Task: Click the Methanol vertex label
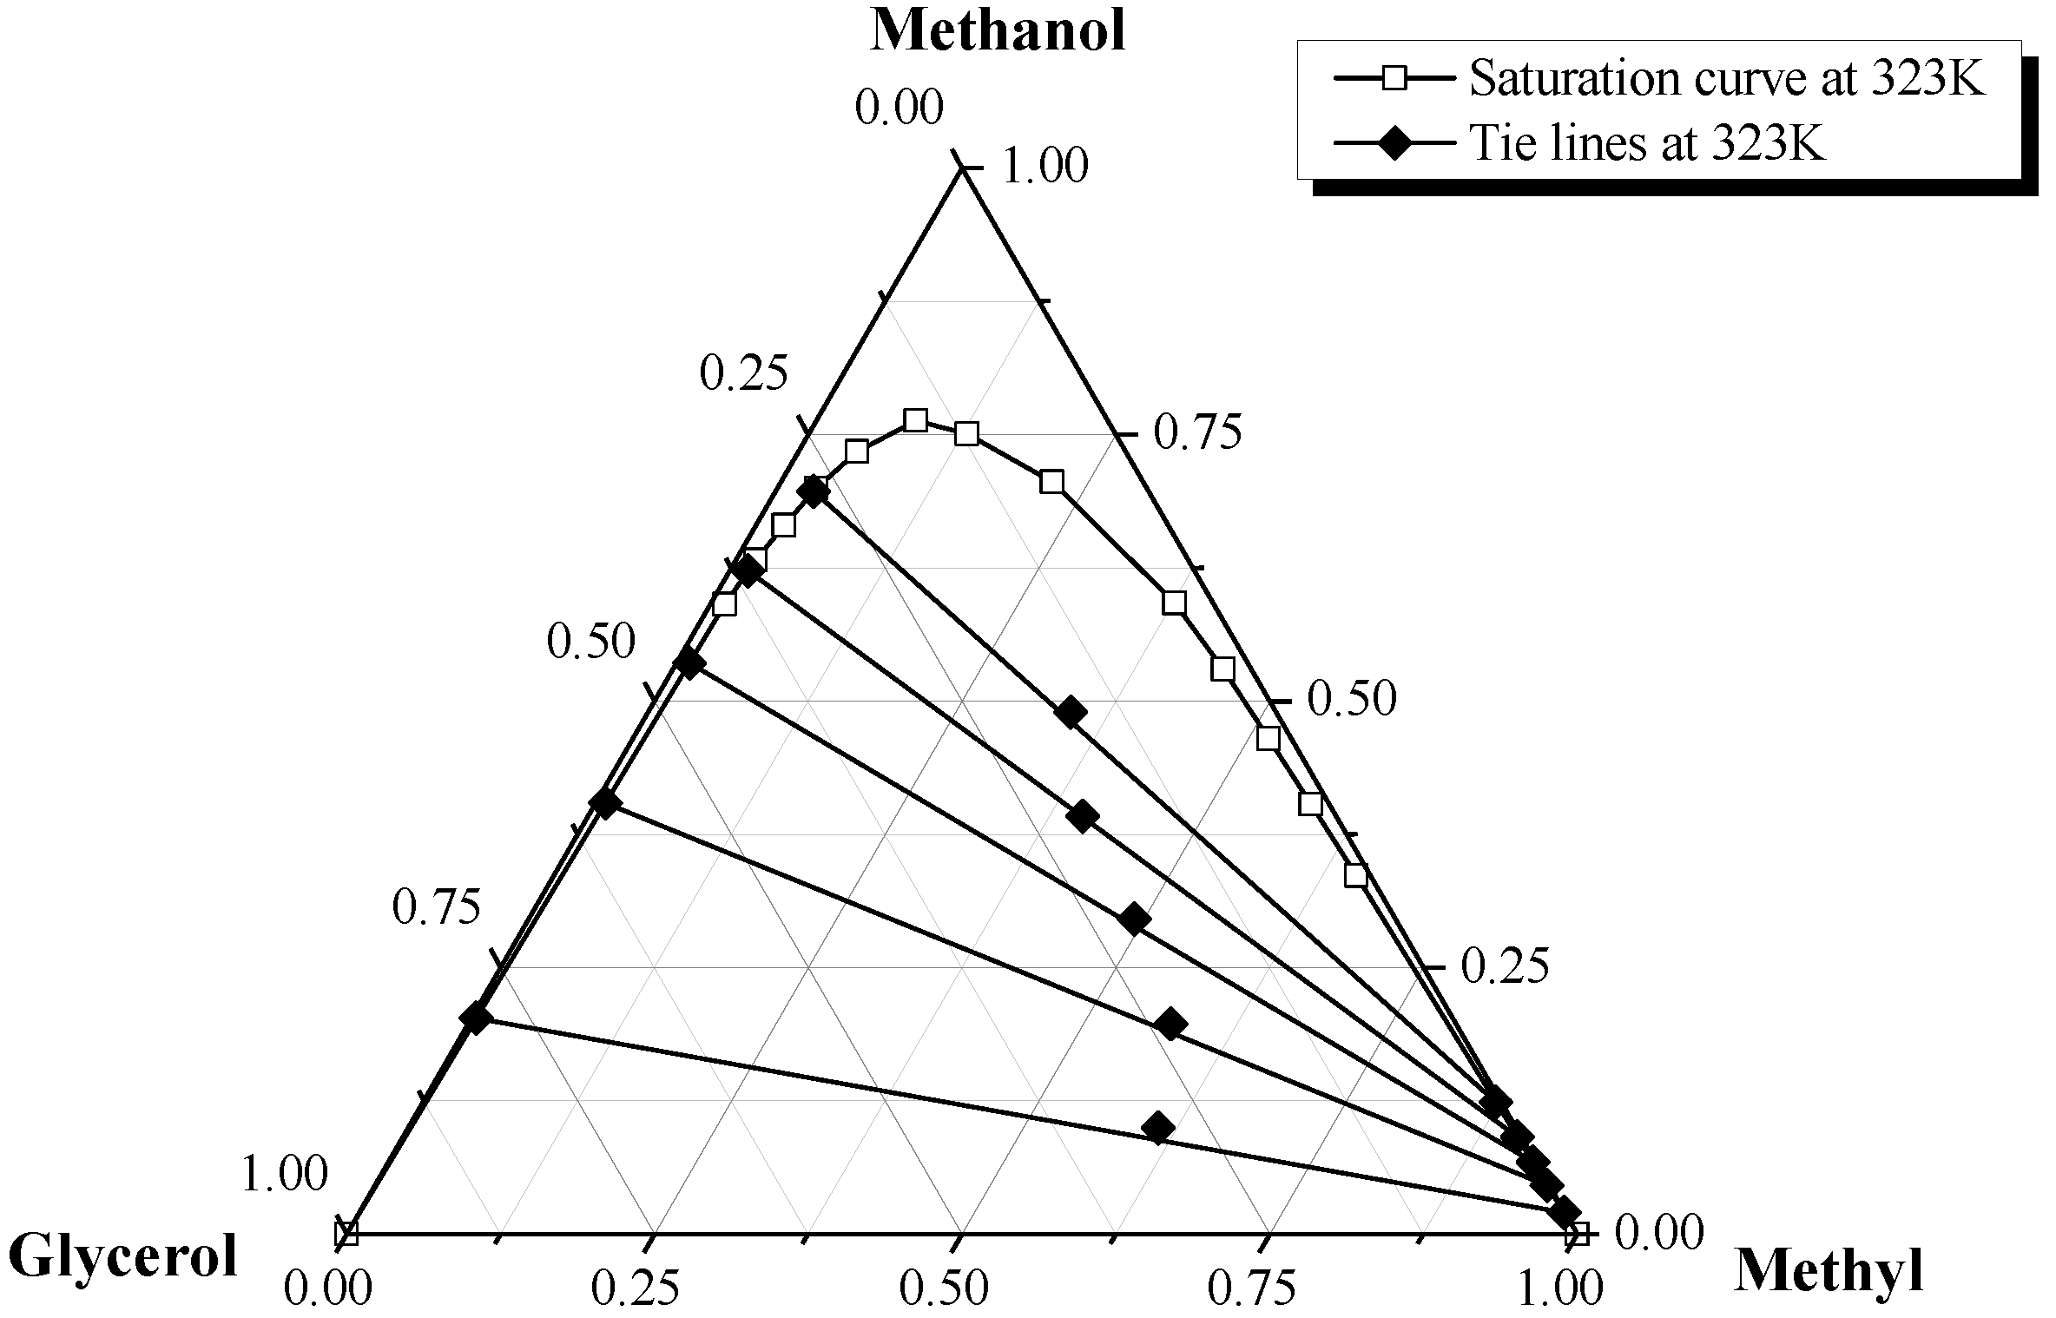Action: coord(998,31)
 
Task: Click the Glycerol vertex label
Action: coord(122,1257)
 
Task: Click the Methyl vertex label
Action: coord(1829,1272)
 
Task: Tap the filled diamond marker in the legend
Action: coord(1394,142)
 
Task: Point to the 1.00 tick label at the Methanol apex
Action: coord(1044,167)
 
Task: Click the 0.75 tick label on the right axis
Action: coord(1197,433)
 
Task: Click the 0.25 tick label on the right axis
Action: coord(1505,966)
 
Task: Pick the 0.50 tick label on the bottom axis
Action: coord(943,1289)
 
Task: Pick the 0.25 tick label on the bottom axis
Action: coord(635,1289)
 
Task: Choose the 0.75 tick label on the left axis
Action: coord(436,907)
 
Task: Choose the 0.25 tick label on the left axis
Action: coord(744,374)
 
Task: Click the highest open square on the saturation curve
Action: coord(915,421)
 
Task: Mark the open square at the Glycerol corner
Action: coord(346,1233)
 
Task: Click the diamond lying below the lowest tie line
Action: coord(1158,1128)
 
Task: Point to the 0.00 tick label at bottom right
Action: coord(1659,1234)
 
